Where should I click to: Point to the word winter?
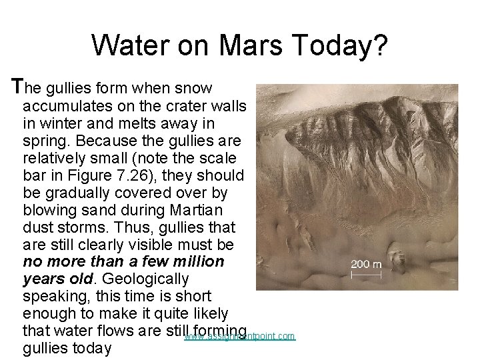59,123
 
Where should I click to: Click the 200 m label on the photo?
367,264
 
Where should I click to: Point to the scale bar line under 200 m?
367,273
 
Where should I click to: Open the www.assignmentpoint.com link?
239,337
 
